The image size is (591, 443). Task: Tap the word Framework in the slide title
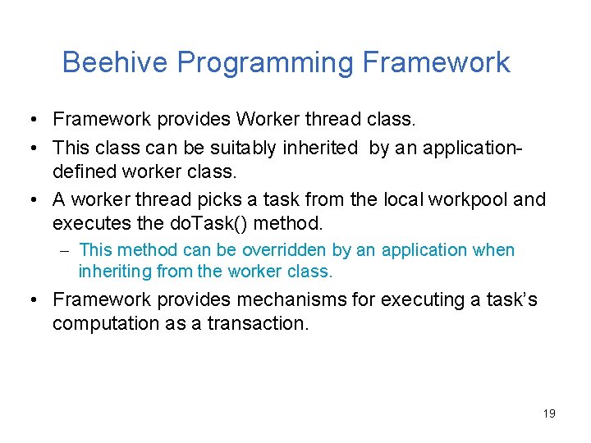[436, 62]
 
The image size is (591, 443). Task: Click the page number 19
[549, 413]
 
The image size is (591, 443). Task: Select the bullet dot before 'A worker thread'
[29, 199]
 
